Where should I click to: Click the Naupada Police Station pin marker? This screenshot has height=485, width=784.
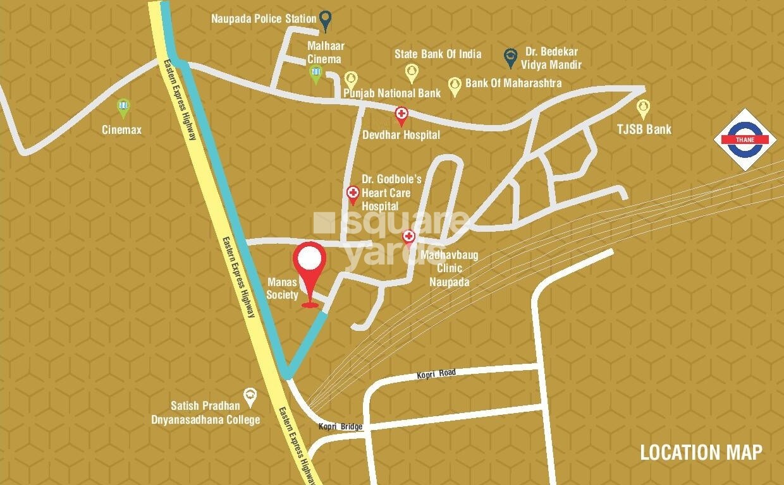tap(325, 20)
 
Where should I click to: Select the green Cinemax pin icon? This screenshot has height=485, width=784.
tap(123, 108)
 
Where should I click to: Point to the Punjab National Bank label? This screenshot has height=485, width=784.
tap(392, 93)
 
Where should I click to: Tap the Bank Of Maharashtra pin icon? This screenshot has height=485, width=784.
tap(454, 86)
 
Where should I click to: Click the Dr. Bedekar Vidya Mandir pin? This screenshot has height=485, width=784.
tap(510, 57)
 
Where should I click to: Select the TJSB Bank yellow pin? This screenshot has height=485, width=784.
tap(643, 108)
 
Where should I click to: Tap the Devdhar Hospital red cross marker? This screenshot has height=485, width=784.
tap(401, 116)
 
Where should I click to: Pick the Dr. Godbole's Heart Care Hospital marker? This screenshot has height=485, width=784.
tap(353, 194)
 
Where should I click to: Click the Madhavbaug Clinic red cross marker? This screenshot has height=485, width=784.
tap(408, 237)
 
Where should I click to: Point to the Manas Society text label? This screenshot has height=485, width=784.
tap(282, 289)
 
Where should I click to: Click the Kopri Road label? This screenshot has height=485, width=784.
tap(436, 374)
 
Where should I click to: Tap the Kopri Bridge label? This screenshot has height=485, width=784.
tap(341, 427)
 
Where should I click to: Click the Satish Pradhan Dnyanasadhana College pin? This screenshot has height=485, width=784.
tap(250, 396)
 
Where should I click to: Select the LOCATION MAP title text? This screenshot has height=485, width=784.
tap(701, 452)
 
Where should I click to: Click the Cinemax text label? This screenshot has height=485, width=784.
tap(122, 130)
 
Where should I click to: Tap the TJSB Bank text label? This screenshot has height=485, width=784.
tap(644, 129)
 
